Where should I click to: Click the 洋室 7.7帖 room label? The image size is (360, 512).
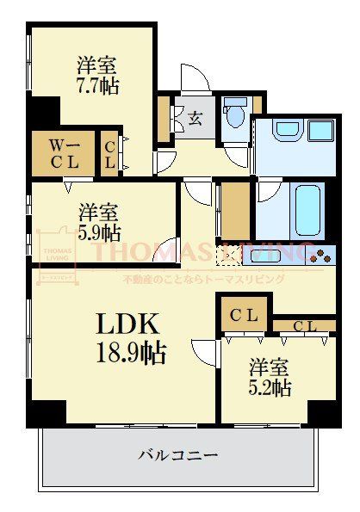pos(96,74)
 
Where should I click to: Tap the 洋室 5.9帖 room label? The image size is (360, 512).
pos(97,221)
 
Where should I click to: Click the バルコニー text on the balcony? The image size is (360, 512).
pos(178,455)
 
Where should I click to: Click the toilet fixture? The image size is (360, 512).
pos(233,116)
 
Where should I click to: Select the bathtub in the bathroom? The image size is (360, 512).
pos(301,209)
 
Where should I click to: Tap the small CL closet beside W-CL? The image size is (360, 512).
pos(110,153)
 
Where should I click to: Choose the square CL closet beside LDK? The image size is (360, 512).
pos(243,315)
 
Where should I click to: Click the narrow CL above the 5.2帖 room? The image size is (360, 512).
pos(304,326)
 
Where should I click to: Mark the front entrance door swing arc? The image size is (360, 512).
pos(196,77)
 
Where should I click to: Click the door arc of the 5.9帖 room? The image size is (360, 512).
pos(169,249)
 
